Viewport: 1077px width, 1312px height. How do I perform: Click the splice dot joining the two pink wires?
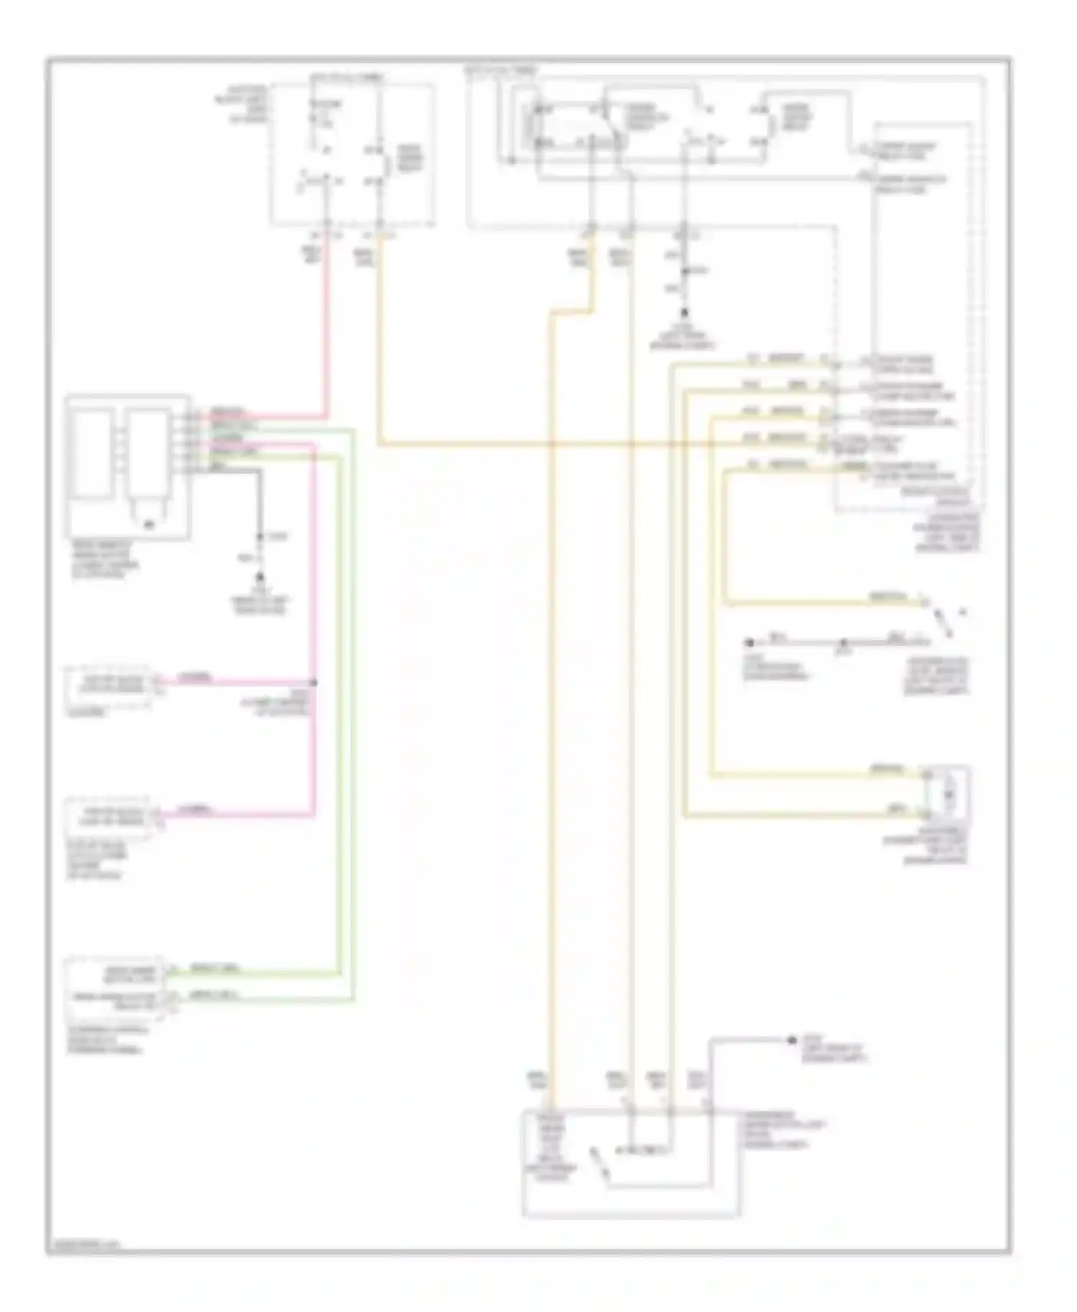(x=314, y=682)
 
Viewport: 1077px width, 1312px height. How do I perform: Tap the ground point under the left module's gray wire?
(x=260, y=577)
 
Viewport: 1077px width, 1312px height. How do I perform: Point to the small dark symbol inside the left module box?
(x=149, y=525)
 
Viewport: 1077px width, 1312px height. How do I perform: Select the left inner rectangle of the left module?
(x=92, y=453)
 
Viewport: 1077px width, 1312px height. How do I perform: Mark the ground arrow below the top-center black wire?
(x=684, y=313)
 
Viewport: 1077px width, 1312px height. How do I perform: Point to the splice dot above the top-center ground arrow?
(x=684, y=271)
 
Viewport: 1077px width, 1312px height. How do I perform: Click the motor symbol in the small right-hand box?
(x=948, y=794)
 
